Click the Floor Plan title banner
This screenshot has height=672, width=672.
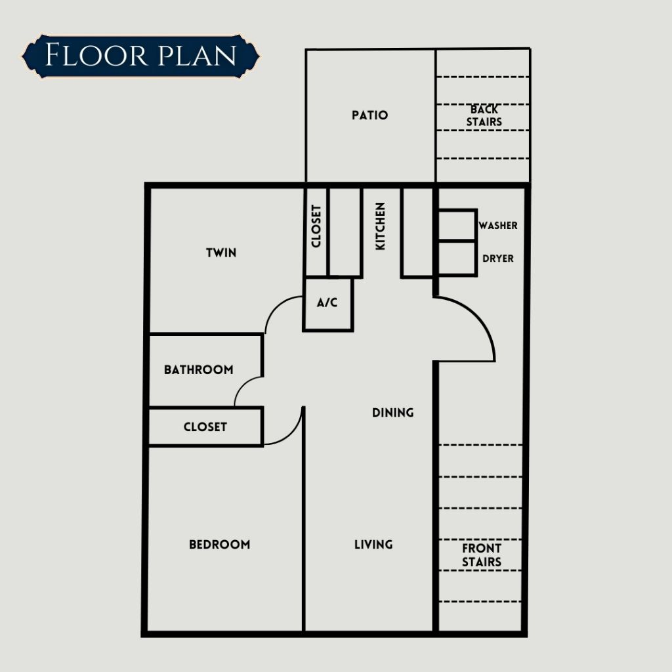(x=140, y=56)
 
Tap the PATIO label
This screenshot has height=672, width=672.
(x=370, y=115)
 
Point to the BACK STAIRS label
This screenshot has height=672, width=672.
(x=484, y=115)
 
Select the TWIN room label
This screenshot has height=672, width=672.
(x=221, y=253)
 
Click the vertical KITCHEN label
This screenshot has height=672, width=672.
(x=380, y=226)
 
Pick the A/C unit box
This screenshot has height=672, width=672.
(x=328, y=304)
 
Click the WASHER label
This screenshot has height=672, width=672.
(x=498, y=226)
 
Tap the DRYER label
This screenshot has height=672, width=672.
(x=498, y=259)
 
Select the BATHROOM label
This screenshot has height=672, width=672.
(x=199, y=369)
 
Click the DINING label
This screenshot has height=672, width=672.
(x=393, y=412)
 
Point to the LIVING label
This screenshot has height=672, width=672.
(x=373, y=544)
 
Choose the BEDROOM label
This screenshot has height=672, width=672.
(x=219, y=544)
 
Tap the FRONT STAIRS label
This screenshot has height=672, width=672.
(x=482, y=555)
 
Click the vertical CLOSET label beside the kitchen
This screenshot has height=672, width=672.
(x=316, y=226)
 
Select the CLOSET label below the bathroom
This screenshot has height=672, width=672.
(x=205, y=427)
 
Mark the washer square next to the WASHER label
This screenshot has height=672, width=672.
(x=457, y=225)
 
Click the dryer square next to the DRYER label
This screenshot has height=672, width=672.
(x=457, y=259)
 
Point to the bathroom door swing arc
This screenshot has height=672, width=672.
(x=242, y=385)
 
